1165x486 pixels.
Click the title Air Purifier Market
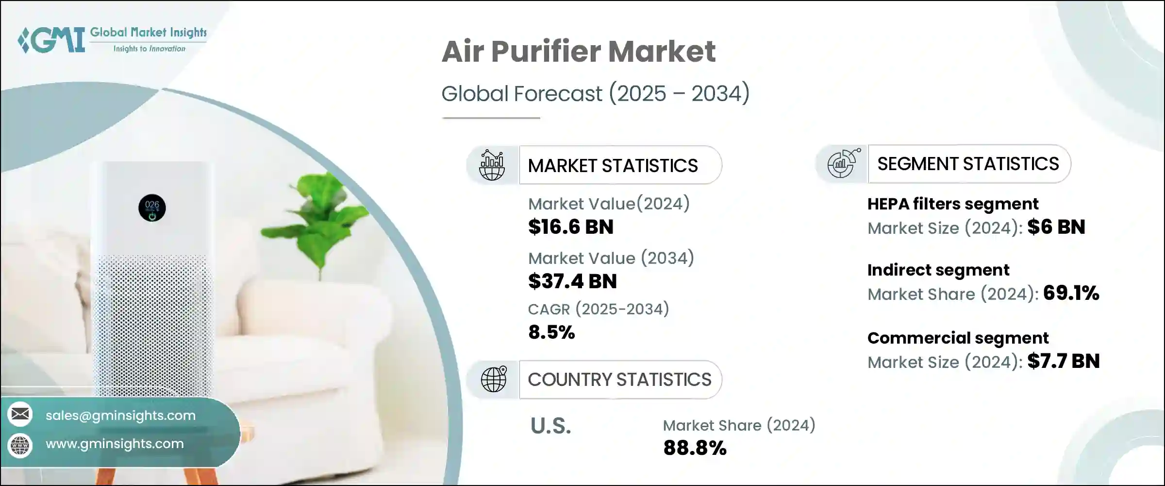pyautogui.click(x=578, y=52)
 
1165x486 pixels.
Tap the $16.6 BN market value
pyautogui.click(x=571, y=227)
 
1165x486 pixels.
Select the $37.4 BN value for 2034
pyautogui.click(x=572, y=281)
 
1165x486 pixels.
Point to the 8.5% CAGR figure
pyautogui.click(x=551, y=332)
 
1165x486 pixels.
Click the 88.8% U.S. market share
pyautogui.click(x=695, y=448)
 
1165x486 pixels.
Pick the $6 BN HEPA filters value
pyautogui.click(x=1056, y=227)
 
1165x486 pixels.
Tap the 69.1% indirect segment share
pyautogui.click(x=1071, y=293)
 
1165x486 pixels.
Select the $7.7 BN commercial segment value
pyautogui.click(x=1063, y=361)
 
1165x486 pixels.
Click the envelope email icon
pyautogui.click(x=20, y=414)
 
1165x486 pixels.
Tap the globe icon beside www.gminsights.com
pyautogui.click(x=20, y=445)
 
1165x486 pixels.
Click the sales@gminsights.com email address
pyautogui.click(x=120, y=416)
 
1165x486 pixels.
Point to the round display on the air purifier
pyautogui.click(x=152, y=208)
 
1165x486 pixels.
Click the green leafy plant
pyautogui.click(x=320, y=214)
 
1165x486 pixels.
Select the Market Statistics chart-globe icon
pyautogui.click(x=492, y=165)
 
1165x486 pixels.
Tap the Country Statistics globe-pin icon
pyautogui.click(x=494, y=380)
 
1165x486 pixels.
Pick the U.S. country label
pyautogui.click(x=550, y=426)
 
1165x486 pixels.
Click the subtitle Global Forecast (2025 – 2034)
pyautogui.click(x=595, y=93)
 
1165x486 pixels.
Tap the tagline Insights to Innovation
pyautogui.click(x=149, y=49)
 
